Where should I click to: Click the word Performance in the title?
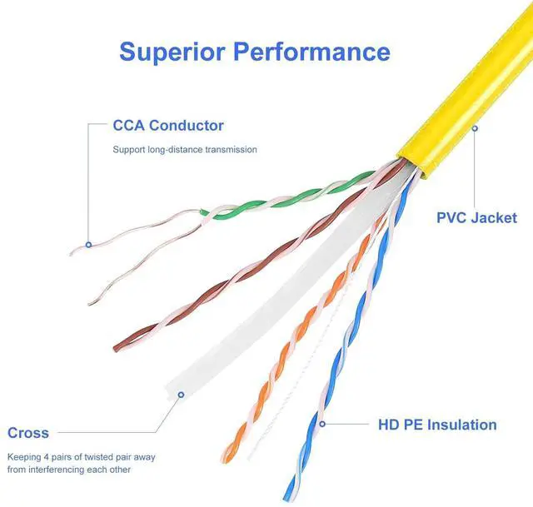[x=311, y=52]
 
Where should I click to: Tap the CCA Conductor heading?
[x=168, y=126]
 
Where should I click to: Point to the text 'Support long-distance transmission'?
[x=185, y=150]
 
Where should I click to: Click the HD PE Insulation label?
[x=437, y=425]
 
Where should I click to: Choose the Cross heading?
[x=28, y=433]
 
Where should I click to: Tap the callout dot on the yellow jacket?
[x=475, y=128]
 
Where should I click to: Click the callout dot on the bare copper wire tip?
[x=89, y=245]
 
